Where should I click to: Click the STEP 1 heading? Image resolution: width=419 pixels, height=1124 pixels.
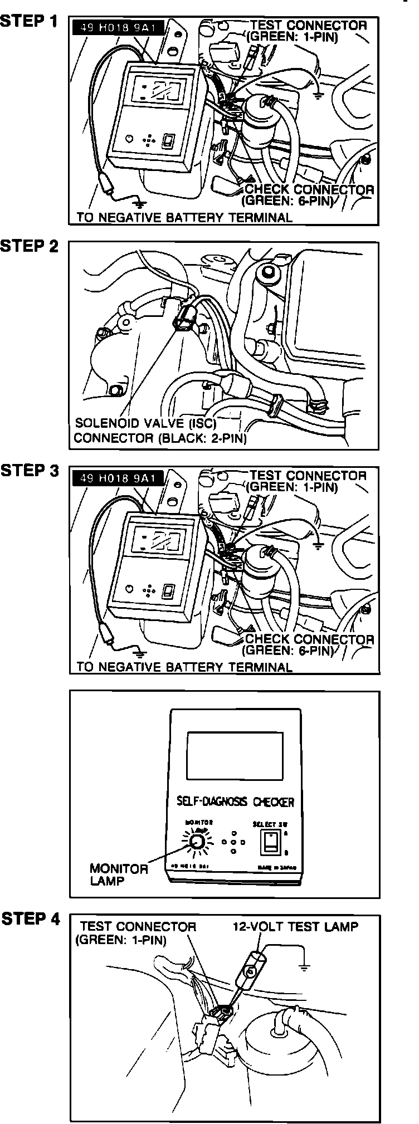[x=29, y=22]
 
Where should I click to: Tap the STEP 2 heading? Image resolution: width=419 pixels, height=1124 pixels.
[x=30, y=246]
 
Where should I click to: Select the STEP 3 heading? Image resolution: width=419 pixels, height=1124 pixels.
[x=30, y=471]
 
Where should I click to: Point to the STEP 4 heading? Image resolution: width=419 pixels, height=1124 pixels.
[x=31, y=919]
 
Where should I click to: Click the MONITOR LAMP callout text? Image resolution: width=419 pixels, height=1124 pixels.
[x=118, y=875]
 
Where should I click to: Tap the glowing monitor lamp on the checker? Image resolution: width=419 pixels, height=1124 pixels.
[x=196, y=843]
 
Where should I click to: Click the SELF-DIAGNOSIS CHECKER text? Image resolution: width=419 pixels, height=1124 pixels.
[x=235, y=802]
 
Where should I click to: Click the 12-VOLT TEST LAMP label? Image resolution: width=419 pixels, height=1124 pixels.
[x=295, y=927]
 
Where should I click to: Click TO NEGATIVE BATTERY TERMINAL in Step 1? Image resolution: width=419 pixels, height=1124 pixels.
[x=184, y=218]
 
